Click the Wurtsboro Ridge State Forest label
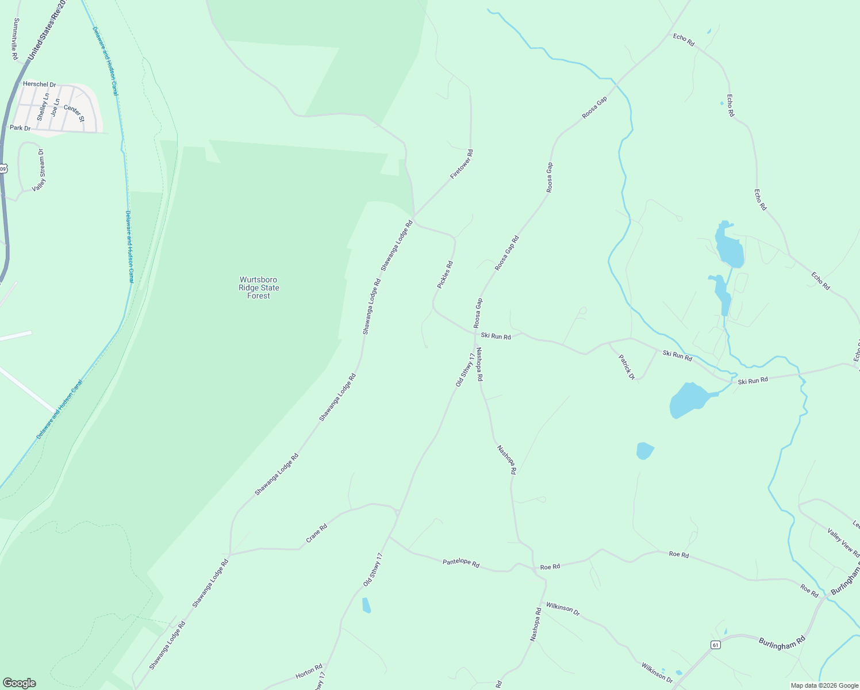coord(259,287)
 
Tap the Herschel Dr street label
coord(40,85)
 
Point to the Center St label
coord(74,113)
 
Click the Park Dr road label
coord(20,128)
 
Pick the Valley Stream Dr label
coord(39,170)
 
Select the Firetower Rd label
coord(462,164)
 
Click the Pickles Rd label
coord(445,275)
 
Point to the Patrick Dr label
coord(627,367)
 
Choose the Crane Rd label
coord(316,533)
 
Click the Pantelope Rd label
coord(461,563)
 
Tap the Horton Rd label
coord(309,672)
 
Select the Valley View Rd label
coord(843,543)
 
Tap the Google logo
coord(19,683)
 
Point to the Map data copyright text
coord(824,685)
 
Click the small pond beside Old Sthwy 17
coord(366,605)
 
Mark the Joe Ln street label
coord(55,108)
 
